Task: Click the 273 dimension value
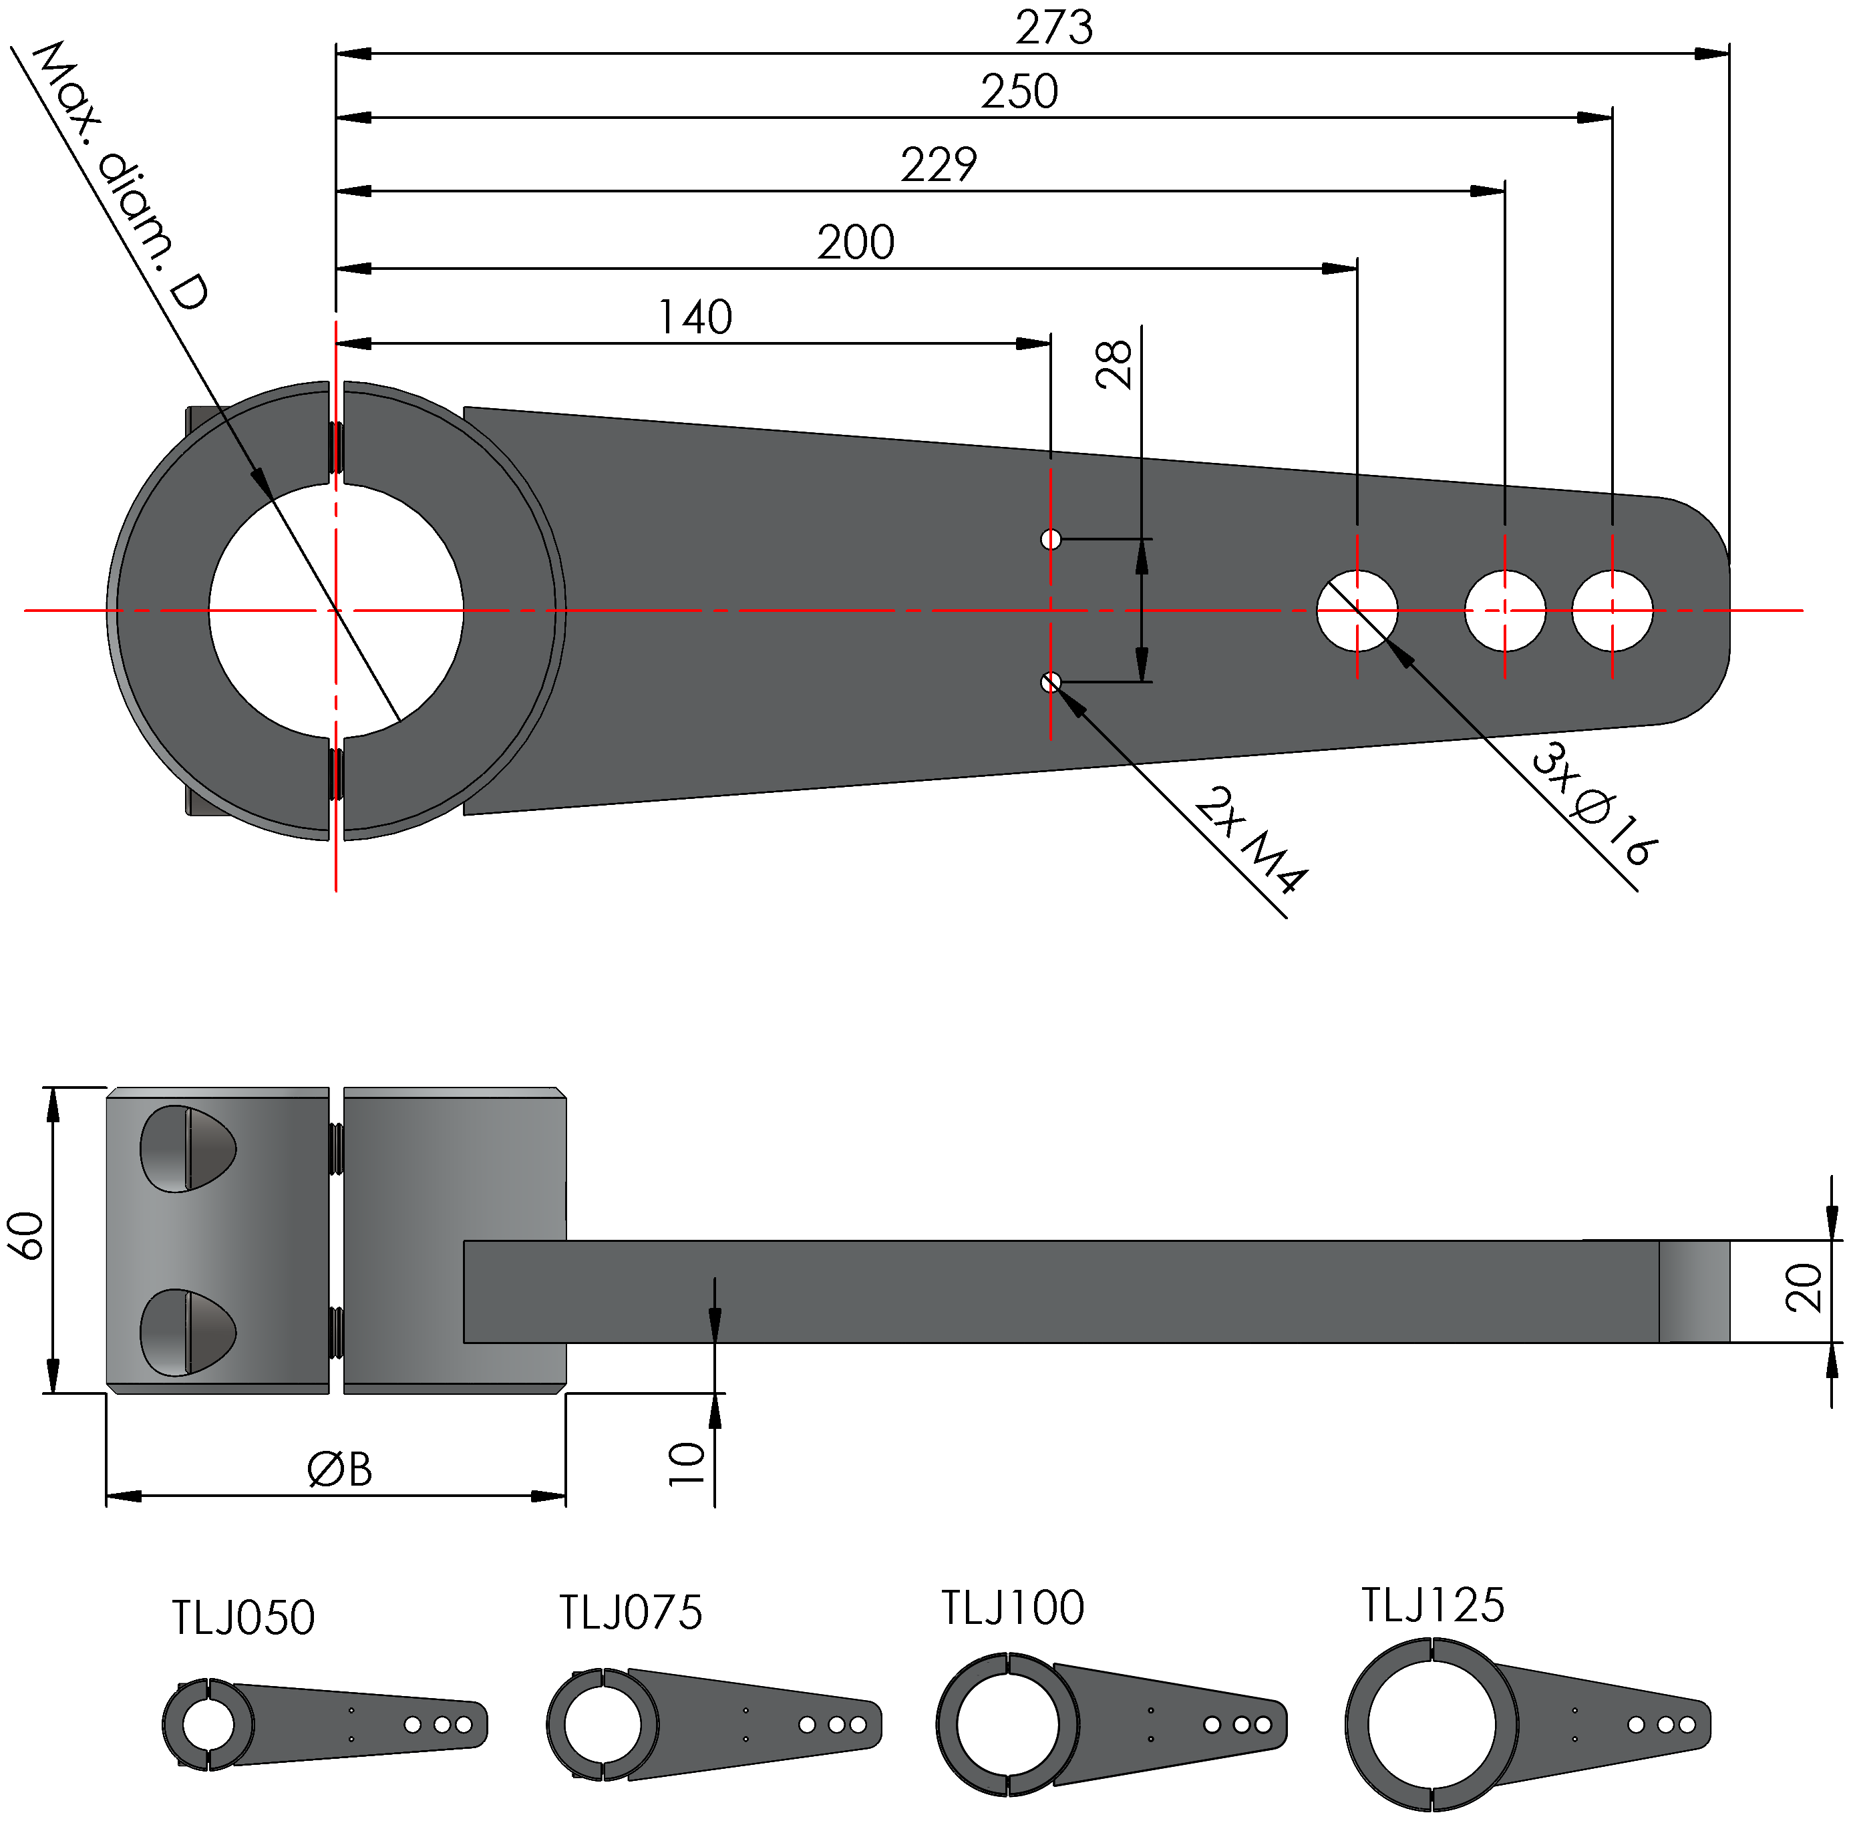(1054, 28)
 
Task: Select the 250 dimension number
(1019, 92)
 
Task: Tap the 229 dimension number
(939, 165)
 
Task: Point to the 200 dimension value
(856, 242)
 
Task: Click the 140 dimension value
(695, 317)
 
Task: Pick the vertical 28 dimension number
(1114, 365)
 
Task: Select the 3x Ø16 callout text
(1593, 804)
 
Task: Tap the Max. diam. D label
(120, 176)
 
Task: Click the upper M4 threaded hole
(1051, 539)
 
